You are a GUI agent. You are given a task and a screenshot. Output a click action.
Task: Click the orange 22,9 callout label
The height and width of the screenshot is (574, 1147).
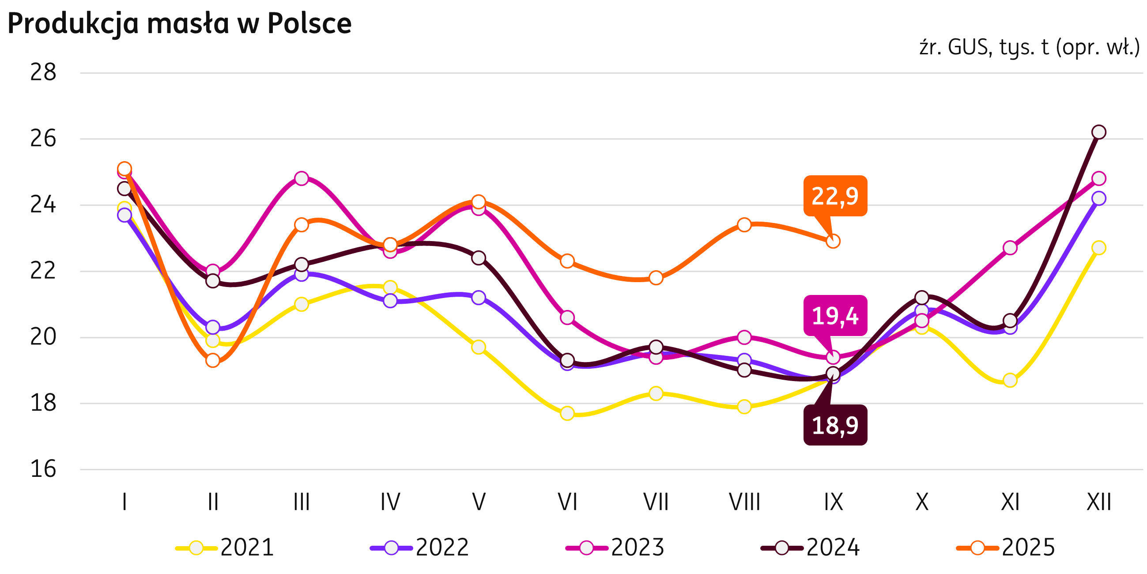[835, 196]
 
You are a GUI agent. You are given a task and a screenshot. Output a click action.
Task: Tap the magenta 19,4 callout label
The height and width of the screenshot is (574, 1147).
[835, 316]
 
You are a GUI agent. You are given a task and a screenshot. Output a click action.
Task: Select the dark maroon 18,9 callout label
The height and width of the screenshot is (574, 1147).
[835, 425]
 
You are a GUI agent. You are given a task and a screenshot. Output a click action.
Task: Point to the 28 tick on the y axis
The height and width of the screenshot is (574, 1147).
[43, 72]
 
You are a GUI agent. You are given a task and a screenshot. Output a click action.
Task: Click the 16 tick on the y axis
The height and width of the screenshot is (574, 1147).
[43, 469]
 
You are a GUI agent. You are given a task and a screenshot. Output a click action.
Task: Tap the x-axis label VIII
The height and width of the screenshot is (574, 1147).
[744, 502]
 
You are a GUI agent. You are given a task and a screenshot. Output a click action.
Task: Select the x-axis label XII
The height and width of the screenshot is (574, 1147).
[1098, 502]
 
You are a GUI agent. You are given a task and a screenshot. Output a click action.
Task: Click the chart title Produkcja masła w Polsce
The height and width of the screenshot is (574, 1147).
[179, 23]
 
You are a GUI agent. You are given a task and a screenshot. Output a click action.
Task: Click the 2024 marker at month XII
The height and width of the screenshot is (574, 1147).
[1098, 132]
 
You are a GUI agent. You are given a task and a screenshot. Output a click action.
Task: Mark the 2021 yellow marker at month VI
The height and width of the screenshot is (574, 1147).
[567, 413]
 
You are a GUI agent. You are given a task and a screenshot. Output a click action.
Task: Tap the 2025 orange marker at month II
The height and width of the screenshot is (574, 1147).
[213, 360]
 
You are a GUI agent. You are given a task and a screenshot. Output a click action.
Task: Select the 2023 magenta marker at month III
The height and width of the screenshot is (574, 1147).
[302, 178]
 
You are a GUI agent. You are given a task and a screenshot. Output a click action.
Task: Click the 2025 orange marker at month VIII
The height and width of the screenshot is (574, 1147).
[744, 225]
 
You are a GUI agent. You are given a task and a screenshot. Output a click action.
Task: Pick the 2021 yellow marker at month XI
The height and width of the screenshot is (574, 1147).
[1010, 380]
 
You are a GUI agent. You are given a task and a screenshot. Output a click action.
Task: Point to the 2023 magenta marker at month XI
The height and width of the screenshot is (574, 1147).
[1010, 248]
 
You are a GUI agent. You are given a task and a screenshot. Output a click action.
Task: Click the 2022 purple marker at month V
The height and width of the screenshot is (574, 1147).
[479, 297]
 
